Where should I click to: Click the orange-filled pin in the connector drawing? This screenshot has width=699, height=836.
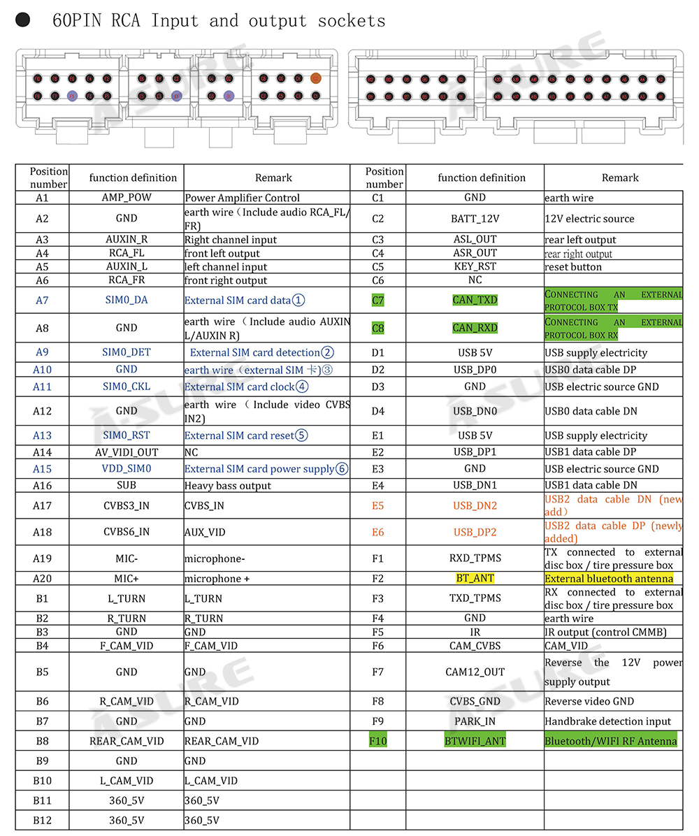(x=315, y=79)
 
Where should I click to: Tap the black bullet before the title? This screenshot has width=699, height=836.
(x=23, y=20)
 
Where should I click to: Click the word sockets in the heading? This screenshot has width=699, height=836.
(x=352, y=21)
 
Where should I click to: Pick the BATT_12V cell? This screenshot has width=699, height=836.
(x=475, y=219)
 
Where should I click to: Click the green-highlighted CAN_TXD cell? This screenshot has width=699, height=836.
(x=475, y=301)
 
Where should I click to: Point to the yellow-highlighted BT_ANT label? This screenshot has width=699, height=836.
(x=475, y=578)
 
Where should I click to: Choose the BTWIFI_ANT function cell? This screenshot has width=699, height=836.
(x=475, y=740)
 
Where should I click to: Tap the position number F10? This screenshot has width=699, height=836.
(x=377, y=740)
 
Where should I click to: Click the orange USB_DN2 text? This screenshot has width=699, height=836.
(x=475, y=505)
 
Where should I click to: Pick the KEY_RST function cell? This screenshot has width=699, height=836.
(x=475, y=266)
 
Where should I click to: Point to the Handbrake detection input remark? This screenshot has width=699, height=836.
(x=607, y=721)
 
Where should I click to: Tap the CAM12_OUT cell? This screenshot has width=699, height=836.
(x=475, y=672)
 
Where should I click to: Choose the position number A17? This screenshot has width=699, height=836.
(x=43, y=505)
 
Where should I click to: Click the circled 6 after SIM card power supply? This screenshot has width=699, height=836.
(x=342, y=469)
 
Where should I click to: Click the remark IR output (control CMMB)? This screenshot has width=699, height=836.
(x=605, y=632)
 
